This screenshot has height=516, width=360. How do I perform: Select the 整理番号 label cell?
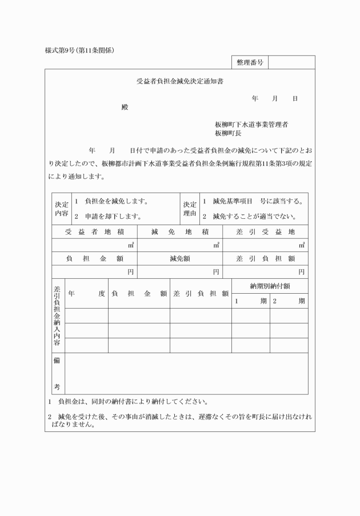pyautogui.click(x=249, y=62)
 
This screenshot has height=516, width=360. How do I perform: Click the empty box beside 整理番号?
pyautogui.click(x=291, y=62)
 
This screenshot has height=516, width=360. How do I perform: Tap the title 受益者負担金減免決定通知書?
pyautogui.click(x=179, y=82)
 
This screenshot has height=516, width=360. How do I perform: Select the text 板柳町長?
pyautogui.click(x=228, y=133)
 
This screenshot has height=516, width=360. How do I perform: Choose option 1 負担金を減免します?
pyautogui.click(x=115, y=201)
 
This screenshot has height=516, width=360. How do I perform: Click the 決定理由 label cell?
pyautogui.click(x=190, y=209)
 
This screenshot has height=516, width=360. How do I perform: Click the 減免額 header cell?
pyautogui.click(x=179, y=258)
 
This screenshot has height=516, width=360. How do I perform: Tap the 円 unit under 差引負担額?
pyautogui.click(x=301, y=272)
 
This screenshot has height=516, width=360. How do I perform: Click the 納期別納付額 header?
pyautogui.click(x=269, y=286)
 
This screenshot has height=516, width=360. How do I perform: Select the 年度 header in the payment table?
pyautogui.click(x=86, y=294)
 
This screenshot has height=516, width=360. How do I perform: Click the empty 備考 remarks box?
pyautogui.click(x=186, y=373)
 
